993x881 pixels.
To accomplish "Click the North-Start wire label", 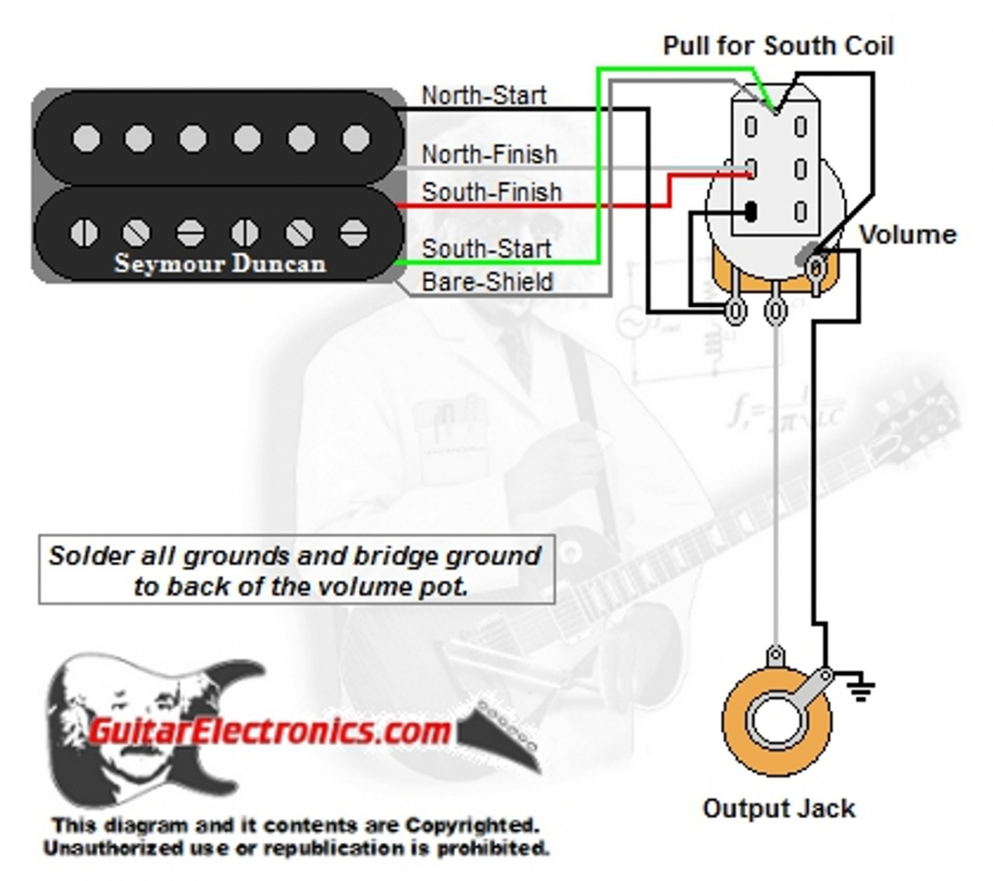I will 484,95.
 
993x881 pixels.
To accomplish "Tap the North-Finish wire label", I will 489,154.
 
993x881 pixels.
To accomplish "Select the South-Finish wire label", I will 492,192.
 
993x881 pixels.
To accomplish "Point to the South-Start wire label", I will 487,248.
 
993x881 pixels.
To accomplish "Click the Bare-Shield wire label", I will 487,282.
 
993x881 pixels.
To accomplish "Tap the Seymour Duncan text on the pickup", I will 220,264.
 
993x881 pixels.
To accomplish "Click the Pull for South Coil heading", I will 778,45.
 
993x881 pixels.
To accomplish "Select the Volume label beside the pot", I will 908,235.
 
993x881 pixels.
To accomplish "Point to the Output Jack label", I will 779,808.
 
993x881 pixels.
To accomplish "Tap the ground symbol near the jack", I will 861,688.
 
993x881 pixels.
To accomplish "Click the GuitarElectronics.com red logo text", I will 269,730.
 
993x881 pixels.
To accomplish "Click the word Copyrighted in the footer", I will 472,826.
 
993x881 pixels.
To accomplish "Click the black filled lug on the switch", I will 751,212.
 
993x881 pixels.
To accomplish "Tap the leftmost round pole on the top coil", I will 84,138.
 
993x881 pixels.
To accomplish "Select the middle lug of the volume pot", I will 775,311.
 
